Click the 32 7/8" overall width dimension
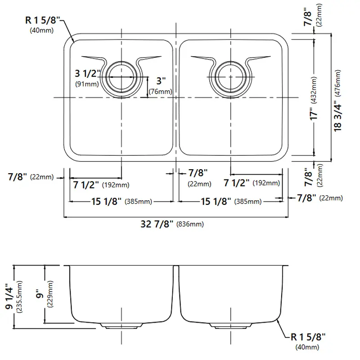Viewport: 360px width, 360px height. tap(157, 224)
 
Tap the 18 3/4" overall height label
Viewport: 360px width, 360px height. tap(338, 116)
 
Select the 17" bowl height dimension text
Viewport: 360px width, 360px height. tap(314, 113)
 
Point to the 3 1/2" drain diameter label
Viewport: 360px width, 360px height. tap(88, 73)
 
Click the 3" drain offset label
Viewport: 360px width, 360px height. tap(161, 81)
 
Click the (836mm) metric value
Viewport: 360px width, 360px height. tap(190, 224)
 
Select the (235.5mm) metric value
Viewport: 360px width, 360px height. tap(19, 297)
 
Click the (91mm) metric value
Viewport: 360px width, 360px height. tap(87, 84)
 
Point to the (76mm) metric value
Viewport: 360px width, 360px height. tap(160, 92)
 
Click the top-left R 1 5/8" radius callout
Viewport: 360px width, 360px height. tap(42, 20)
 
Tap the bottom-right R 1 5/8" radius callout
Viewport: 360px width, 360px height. tap(308, 337)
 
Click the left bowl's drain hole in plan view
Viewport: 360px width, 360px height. tap(121, 76)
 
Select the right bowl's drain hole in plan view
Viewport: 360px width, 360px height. tap(230, 76)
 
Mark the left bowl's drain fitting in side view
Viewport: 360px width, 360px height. tap(121, 326)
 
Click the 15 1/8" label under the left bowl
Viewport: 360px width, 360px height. tap(106, 201)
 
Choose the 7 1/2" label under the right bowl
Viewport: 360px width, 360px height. tap(237, 183)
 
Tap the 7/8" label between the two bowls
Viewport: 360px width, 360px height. tap(198, 173)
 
